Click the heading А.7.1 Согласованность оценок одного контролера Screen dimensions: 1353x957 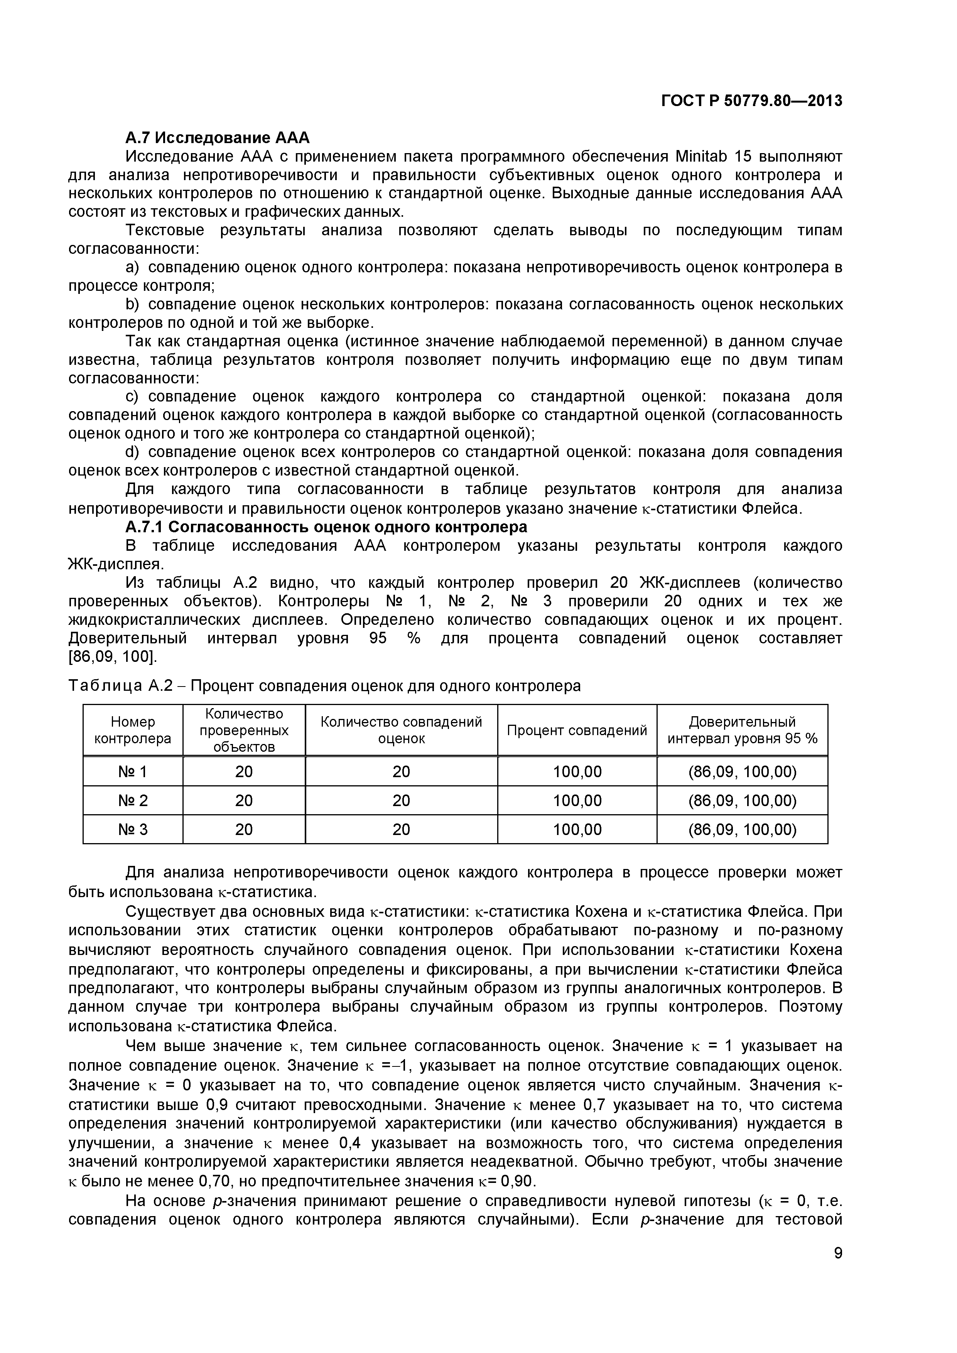(x=326, y=526)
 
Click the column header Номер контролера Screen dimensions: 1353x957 (x=133, y=730)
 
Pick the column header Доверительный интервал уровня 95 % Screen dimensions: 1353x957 (x=742, y=730)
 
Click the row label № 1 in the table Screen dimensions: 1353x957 (x=133, y=772)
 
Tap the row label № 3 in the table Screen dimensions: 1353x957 (x=133, y=830)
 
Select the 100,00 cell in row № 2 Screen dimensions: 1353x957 (x=577, y=801)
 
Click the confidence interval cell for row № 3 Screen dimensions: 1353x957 (x=742, y=830)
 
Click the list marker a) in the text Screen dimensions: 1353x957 (x=133, y=268)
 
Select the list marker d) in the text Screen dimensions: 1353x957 (x=132, y=452)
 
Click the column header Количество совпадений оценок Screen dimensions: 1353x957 (x=401, y=730)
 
